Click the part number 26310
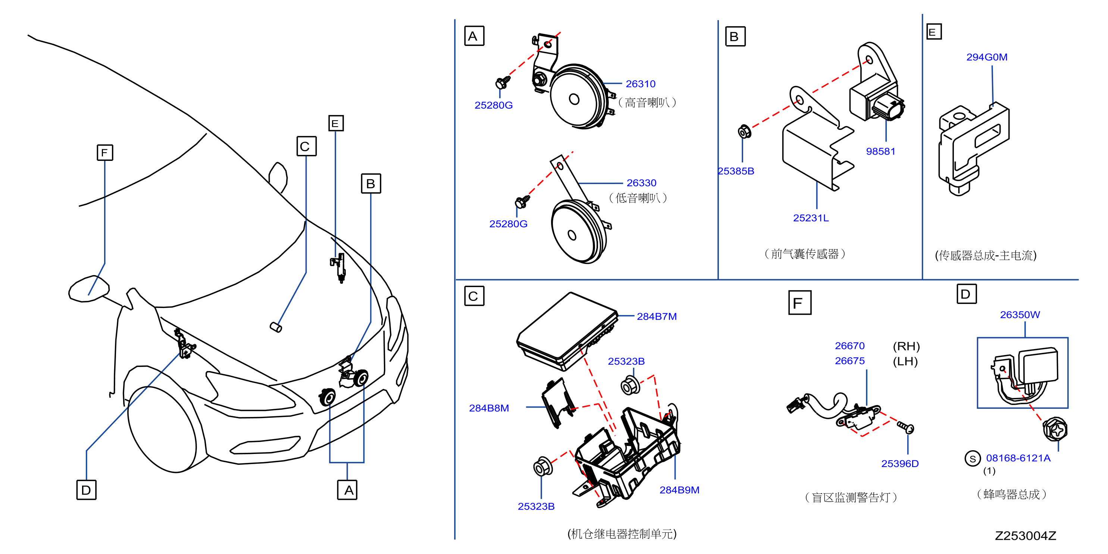tap(640, 84)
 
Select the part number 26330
tap(641, 183)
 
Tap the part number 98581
tap(880, 152)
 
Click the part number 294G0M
tap(987, 57)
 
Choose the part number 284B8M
tap(489, 408)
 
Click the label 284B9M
tap(679, 490)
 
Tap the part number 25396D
tap(900, 464)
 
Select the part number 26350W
tap(1020, 315)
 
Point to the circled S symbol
tap(973, 459)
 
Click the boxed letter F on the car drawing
tap(105, 153)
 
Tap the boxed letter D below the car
tap(87, 490)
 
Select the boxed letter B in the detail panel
tap(735, 37)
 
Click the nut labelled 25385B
tap(744, 131)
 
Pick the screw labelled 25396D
tap(905, 427)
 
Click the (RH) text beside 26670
tap(906, 346)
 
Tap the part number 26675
tap(849, 361)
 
